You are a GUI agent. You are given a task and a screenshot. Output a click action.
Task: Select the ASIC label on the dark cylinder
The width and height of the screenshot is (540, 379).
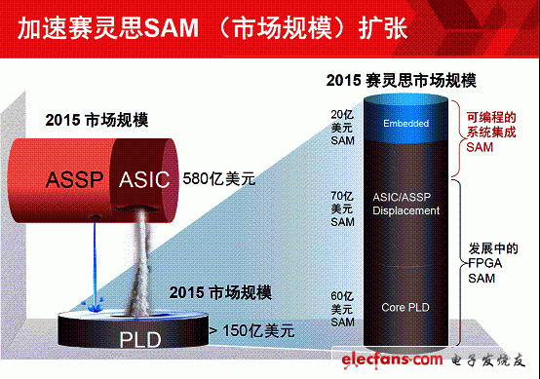pyautogui.click(x=144, y=178)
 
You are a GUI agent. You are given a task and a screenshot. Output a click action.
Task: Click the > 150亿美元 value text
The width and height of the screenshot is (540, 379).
pyautogui.click(x=251, y=330)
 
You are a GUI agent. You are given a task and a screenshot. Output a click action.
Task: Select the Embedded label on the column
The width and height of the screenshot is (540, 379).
pyautogui.click(x=405, y=124)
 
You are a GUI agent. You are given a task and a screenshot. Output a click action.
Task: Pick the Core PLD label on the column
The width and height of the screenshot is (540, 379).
pyautogui.click(x=405, y=307)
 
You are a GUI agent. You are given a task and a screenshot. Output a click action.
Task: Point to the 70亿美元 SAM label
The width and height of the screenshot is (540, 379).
pyautogui.click(x=342, y=208)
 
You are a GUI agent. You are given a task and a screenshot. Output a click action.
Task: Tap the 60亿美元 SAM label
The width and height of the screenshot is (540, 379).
pyautogui.click(x=342, y=308)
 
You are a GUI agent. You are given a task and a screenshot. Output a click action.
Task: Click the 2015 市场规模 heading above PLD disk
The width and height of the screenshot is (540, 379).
pyautogui.click(x=219, y=292)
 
